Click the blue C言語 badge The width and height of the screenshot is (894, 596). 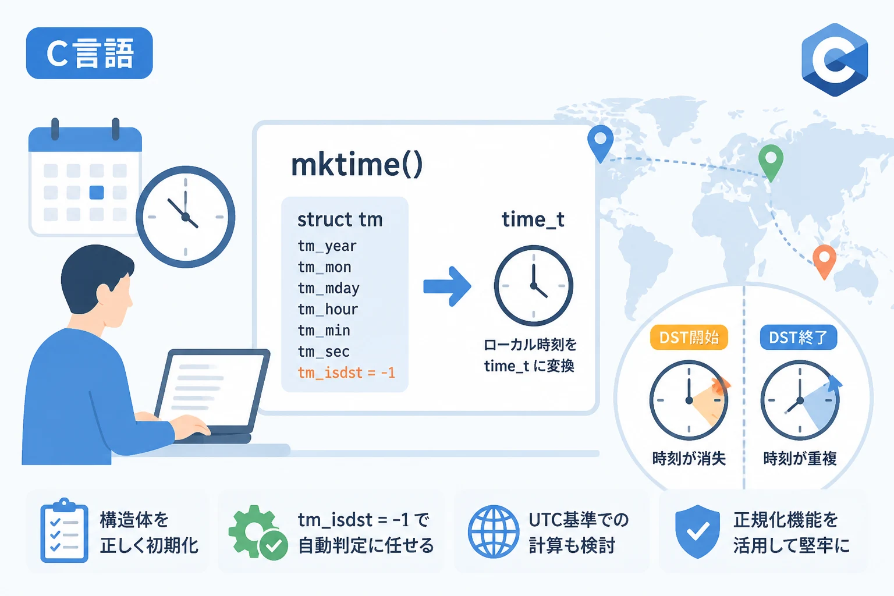(90, 53)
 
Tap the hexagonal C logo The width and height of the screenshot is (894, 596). (835, 60)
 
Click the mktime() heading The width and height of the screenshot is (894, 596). (357, 165)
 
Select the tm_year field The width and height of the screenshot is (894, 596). (327, 246)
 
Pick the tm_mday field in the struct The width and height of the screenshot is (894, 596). (328, 288)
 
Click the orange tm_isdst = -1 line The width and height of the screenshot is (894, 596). (346, 373)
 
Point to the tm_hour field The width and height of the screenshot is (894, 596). (328, 310)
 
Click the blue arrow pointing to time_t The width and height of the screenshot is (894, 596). (447, 286)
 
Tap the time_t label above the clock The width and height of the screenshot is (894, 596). (533, 219)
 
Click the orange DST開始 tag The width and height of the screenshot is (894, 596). (689, 338)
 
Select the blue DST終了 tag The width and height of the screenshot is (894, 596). (798, 338)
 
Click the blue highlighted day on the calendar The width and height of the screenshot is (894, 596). (97, 193)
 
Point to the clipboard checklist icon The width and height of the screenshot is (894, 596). (64, 530)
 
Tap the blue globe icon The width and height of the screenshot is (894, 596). (494, 531)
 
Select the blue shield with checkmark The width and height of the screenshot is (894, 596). (698, 531)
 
